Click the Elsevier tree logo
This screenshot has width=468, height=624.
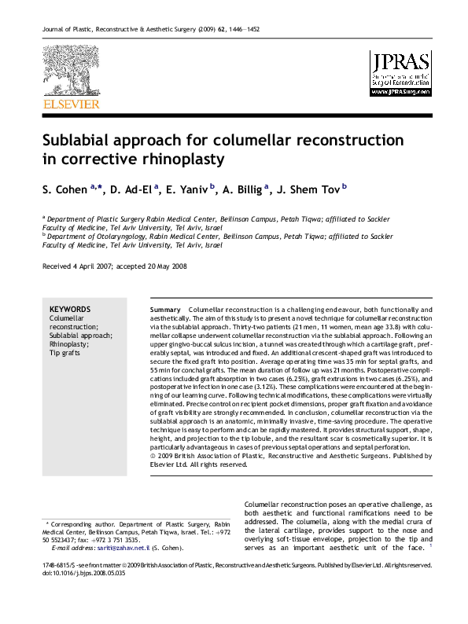71,72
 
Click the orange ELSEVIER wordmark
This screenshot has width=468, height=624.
71,104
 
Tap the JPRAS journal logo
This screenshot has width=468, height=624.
400,72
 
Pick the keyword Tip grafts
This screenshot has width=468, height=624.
65,353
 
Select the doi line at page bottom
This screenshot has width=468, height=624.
71,574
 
